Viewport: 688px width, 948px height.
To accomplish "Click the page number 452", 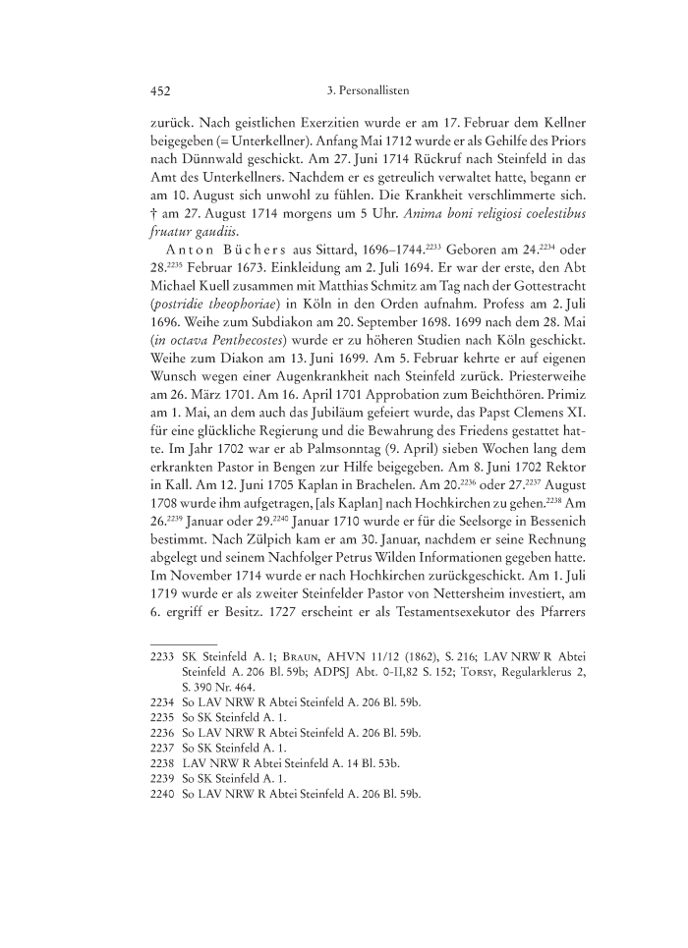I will (160, 90).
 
